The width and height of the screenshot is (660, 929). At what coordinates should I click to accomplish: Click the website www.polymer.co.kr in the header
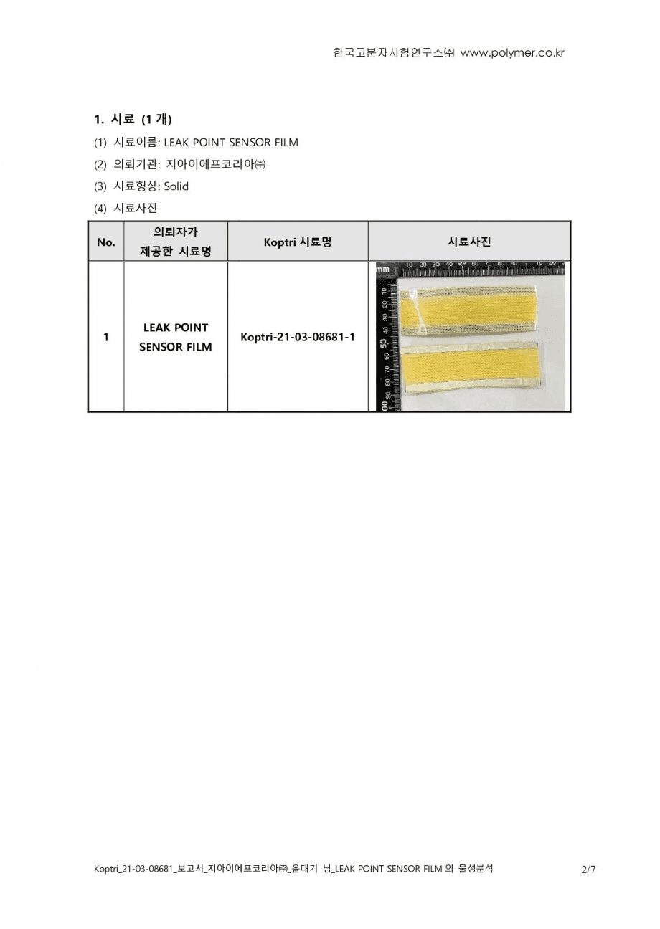point(512,53)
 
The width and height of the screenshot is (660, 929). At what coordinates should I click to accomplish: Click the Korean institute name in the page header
point(394,53)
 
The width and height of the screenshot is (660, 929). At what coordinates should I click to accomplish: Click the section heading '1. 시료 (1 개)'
point(133,119)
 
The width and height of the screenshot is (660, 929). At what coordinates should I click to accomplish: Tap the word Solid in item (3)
point(176,186)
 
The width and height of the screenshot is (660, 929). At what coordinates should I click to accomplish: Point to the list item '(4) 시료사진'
point(126,208)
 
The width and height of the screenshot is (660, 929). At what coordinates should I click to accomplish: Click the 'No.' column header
point(105,242)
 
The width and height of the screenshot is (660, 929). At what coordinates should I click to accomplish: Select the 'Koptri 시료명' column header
point(297,242)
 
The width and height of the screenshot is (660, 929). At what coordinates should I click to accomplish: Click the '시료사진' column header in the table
point(469,242)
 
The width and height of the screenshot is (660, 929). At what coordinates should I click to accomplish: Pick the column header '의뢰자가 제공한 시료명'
point(176,242)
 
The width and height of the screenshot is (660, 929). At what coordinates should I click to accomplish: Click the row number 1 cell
point(106,337)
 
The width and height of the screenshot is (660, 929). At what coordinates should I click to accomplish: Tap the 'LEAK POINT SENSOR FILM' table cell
point(176,337)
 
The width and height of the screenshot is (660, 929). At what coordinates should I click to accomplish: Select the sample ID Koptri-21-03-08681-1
point(298,337)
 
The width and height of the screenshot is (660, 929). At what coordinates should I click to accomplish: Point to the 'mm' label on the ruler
point(383,270)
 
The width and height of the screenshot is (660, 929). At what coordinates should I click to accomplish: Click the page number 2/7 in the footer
point(588,870)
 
